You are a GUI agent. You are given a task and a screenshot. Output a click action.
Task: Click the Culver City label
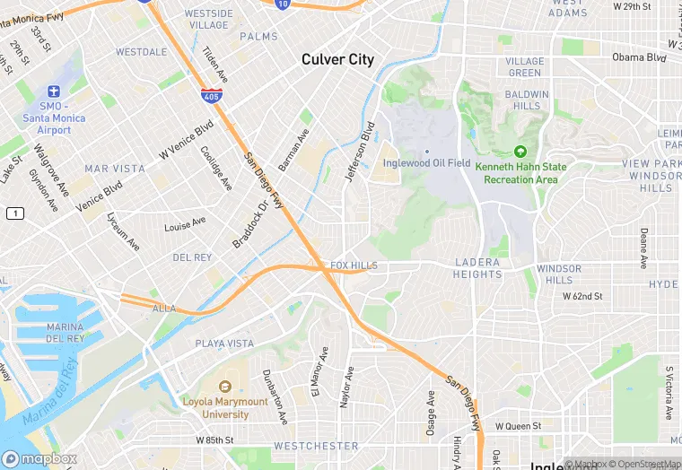click(x=337, y=60)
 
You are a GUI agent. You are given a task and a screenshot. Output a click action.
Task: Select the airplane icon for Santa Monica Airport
click(x=53, y=91)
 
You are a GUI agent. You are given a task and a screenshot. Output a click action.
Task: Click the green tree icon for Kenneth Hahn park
click(x=520, y=152)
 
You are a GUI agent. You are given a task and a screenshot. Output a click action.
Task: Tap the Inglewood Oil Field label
click(x=426, y=162)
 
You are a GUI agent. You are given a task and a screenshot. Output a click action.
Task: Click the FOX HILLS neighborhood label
click(x=354, y=266)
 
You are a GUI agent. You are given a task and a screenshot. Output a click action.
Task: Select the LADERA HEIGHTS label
click(x=478, y=268)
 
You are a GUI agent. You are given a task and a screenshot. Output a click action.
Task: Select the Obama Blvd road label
click(x=640, y=57)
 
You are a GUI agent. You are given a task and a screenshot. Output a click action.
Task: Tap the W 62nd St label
click(x=581, y=295)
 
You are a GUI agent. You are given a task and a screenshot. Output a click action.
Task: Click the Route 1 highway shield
click(x=14, y=213)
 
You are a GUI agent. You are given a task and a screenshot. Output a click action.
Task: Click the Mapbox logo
click(x=39, y=458)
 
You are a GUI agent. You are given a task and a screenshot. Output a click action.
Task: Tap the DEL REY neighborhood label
click(x=192, y=257)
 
